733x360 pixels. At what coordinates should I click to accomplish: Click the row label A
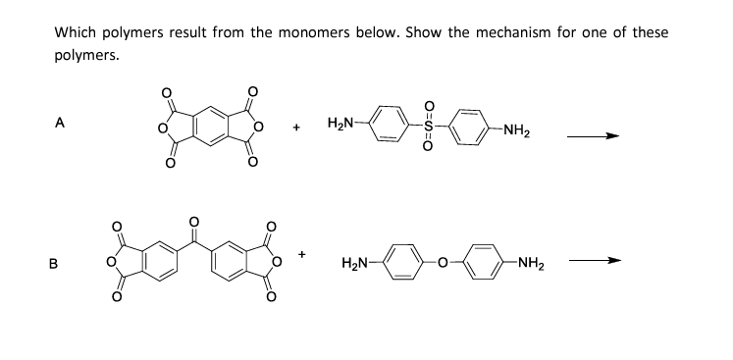(x=61, y=124)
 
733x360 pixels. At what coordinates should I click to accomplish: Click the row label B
(x=61, y=262)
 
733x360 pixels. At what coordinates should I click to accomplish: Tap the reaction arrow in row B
(x=600, y=262)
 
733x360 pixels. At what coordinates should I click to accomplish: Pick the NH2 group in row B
(x=531, y=262)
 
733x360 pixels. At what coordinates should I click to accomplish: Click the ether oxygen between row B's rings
(x=444, y=262)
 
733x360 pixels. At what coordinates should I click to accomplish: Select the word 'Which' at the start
(x=76, y=32)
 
